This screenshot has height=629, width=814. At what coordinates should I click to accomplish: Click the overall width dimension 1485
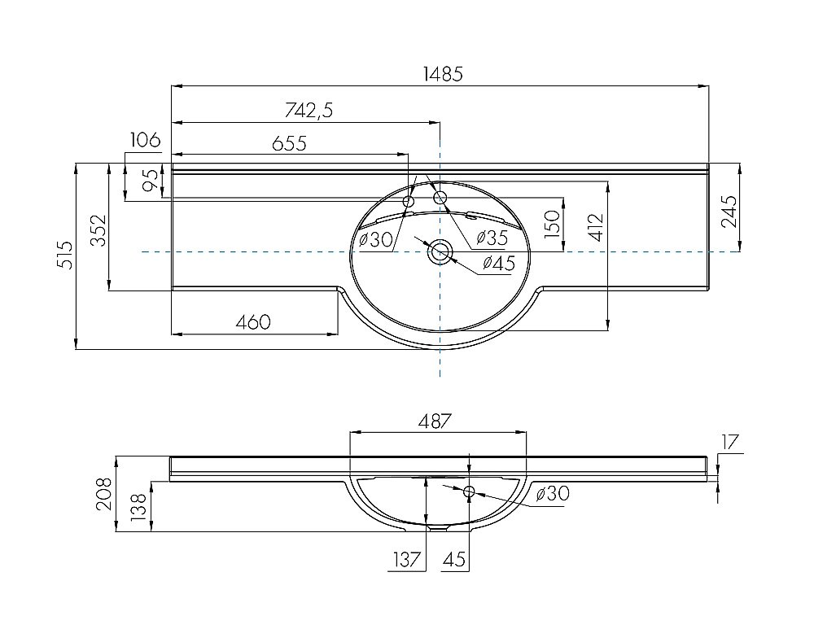[x=442, y=73]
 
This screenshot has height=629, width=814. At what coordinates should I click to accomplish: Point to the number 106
[x=144, y=140]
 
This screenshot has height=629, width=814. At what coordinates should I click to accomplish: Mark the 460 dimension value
[x=253, y=321]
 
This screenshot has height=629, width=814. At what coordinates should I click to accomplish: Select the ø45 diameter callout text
[x=498, y=263]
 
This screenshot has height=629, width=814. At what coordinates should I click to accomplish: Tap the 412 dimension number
[x=597, y=228]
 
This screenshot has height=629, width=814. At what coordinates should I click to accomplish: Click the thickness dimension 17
[x=729, y=443]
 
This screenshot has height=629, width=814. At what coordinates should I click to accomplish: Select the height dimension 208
[x=105, y=493]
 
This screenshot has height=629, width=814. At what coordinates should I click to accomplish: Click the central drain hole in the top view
[x=440, y=251]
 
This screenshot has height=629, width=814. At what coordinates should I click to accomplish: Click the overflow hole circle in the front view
[x=469, y=492]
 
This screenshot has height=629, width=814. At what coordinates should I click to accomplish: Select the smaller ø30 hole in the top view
[x=409, y=200]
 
